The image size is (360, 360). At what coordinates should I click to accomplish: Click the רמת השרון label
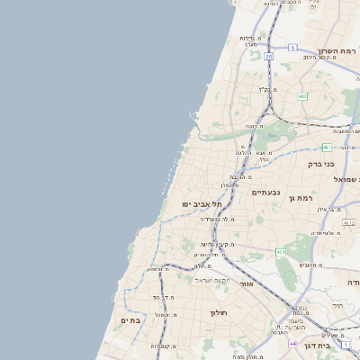(337, 51)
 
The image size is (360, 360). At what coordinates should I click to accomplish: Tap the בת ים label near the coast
(130, 320)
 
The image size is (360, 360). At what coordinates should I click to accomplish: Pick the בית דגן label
(338, 345)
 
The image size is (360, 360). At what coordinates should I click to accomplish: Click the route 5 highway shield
(292, 47)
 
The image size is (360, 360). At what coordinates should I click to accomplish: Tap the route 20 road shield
(268, 56)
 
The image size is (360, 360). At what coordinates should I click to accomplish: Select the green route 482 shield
(302, 96)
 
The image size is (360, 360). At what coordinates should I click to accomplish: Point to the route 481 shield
(327, 147)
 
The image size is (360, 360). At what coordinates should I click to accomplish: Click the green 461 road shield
(281, 253)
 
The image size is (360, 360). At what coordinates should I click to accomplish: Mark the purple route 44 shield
(292, 343)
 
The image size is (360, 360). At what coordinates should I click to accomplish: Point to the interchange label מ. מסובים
(312, 265)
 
